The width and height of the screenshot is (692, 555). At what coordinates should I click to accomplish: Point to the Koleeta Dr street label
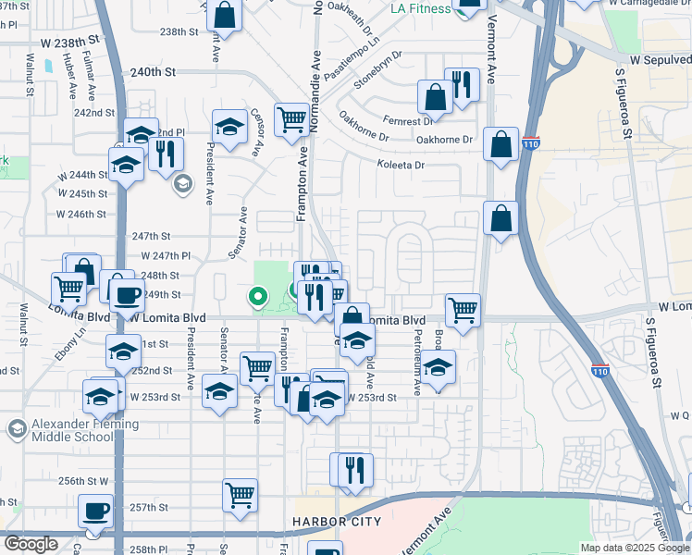coord(400,166)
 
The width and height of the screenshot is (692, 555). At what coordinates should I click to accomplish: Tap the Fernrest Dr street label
coord(412,121)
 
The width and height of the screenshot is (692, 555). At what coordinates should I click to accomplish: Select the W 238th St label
coord(69,43)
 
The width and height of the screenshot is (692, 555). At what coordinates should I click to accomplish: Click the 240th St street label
coord(153,71)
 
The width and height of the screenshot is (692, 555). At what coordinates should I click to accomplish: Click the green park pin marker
coord(258,297)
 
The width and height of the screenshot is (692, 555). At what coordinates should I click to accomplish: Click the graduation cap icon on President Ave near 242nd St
coord(229,126)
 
